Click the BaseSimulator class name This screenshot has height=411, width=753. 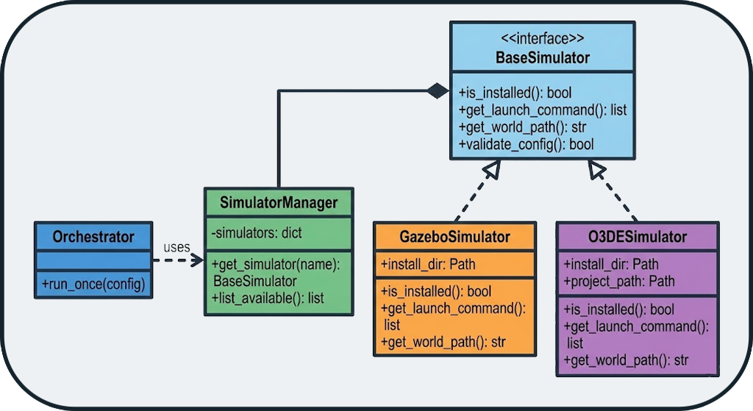(543, 57)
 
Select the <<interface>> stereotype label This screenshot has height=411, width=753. (543, 38)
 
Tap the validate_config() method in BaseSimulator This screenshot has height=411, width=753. (526, 144)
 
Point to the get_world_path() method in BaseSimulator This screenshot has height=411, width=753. (521, 127)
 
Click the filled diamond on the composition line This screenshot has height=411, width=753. (438, 91)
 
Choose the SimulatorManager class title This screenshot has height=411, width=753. (279, 202)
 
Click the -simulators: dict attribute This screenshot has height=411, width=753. (257, 233)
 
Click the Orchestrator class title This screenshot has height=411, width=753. (93, 237)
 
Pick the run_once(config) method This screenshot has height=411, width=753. (93, 284)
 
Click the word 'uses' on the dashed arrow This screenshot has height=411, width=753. (176, 247)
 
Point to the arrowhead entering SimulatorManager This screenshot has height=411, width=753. (197, 260)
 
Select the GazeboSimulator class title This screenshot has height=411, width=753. (454, 237)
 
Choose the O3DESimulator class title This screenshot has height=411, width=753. (638, 237)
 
